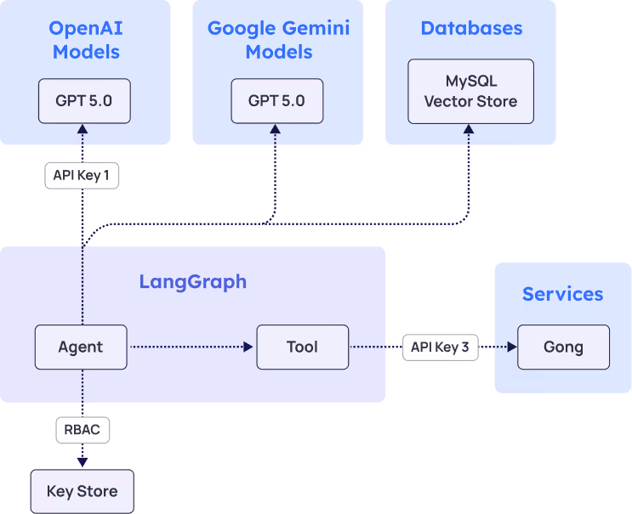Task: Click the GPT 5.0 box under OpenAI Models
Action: point(83,101)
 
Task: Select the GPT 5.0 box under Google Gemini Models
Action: point(276,101)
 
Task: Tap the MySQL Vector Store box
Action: point(470,92)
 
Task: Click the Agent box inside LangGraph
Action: point(81,347)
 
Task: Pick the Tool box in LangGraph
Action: point(302,347)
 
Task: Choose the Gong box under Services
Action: point(563,347)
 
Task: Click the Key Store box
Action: point(82,491)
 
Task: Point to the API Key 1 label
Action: point(82,176)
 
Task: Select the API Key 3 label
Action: point(440,347)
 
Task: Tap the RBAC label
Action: point(82,430)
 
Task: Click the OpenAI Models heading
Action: point(85,40)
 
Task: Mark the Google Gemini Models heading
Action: point(278,40)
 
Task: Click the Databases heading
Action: point(471,29)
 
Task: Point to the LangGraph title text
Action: point(193,282)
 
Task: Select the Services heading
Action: point(562,294)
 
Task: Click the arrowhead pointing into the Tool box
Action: point(248,347)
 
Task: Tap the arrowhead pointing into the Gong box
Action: point(511,347)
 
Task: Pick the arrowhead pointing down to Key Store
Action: point(83,461)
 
